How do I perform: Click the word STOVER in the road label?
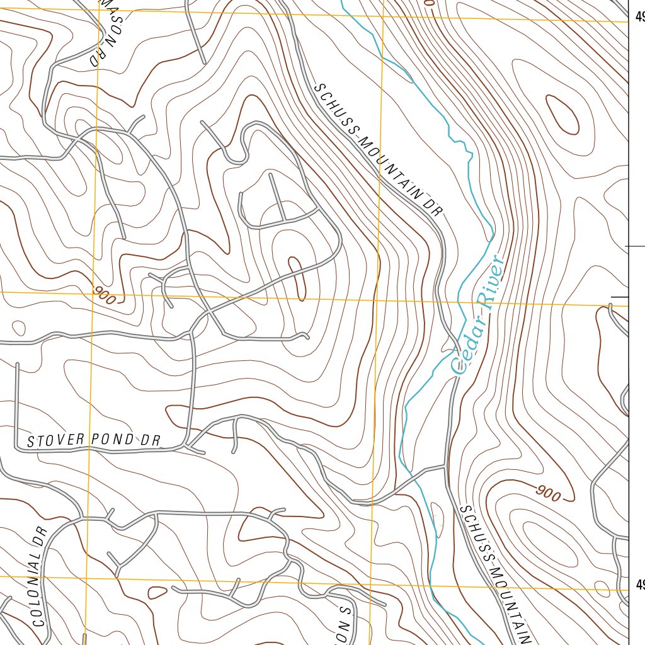[55, 441]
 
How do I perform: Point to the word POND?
[110, 440]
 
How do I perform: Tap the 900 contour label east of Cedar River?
[549, 493]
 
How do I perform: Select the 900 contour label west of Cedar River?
[105, 294]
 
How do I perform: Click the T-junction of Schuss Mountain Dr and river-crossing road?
[445, 467]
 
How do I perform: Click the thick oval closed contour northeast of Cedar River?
[562, 114]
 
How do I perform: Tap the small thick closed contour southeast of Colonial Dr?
[157, 592]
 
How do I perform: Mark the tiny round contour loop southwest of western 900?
[18, 328]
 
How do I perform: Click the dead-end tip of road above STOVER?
[17, 364]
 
